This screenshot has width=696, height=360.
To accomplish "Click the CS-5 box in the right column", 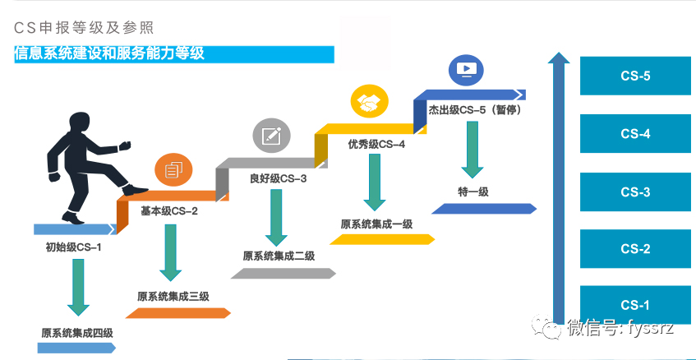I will click(x=635, y=76).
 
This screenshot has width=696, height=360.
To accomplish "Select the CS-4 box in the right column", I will click(x=635, y=134).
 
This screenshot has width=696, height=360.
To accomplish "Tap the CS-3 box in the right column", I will click(x=635, y=192).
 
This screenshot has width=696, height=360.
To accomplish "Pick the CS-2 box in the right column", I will click(x=635, y=249).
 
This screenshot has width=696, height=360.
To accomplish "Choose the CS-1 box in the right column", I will click(x=635, y=306).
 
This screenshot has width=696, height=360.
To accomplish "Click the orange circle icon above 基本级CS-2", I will click(x=173, y=170).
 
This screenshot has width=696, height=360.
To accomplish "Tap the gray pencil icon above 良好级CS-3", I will click(x=270, y=135).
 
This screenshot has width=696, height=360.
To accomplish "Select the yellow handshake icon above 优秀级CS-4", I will click(x=368, y=102).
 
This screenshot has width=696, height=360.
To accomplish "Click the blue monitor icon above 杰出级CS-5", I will click(x=465, y=68).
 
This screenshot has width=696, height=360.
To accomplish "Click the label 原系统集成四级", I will click(x=77, y=333).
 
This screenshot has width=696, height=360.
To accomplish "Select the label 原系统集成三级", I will click(x=173, y=297).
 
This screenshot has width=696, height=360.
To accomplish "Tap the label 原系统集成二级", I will click(x=279, y=256).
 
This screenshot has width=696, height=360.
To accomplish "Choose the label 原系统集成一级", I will click(x=376, y=224).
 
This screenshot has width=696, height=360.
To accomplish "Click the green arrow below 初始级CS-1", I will click(x=79, y=288).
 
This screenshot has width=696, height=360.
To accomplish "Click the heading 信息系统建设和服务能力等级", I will click(x=109, y=54).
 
